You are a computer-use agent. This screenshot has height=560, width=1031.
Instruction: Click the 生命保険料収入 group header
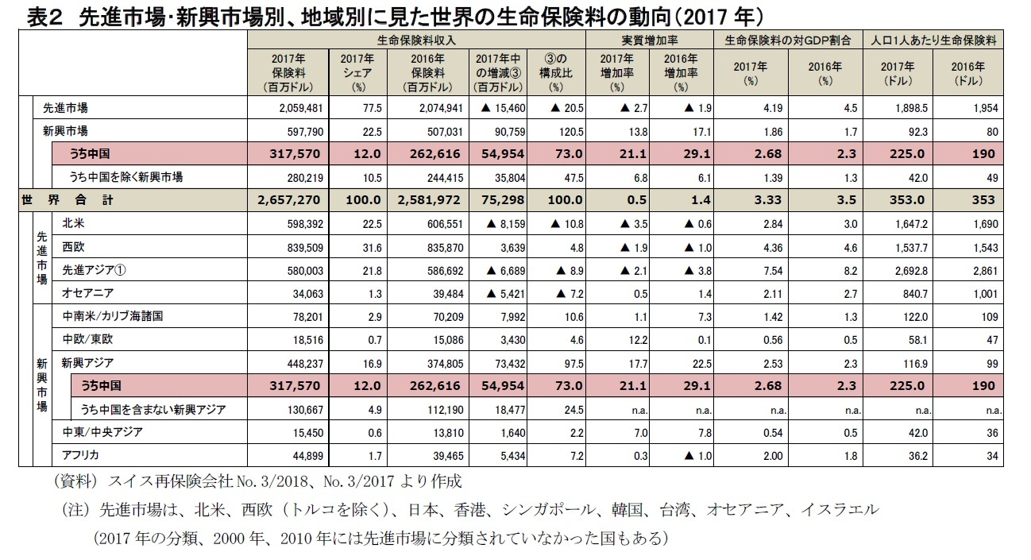(x=416, y=39)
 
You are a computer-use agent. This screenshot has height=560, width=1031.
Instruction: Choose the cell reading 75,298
(x=500, y=200)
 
